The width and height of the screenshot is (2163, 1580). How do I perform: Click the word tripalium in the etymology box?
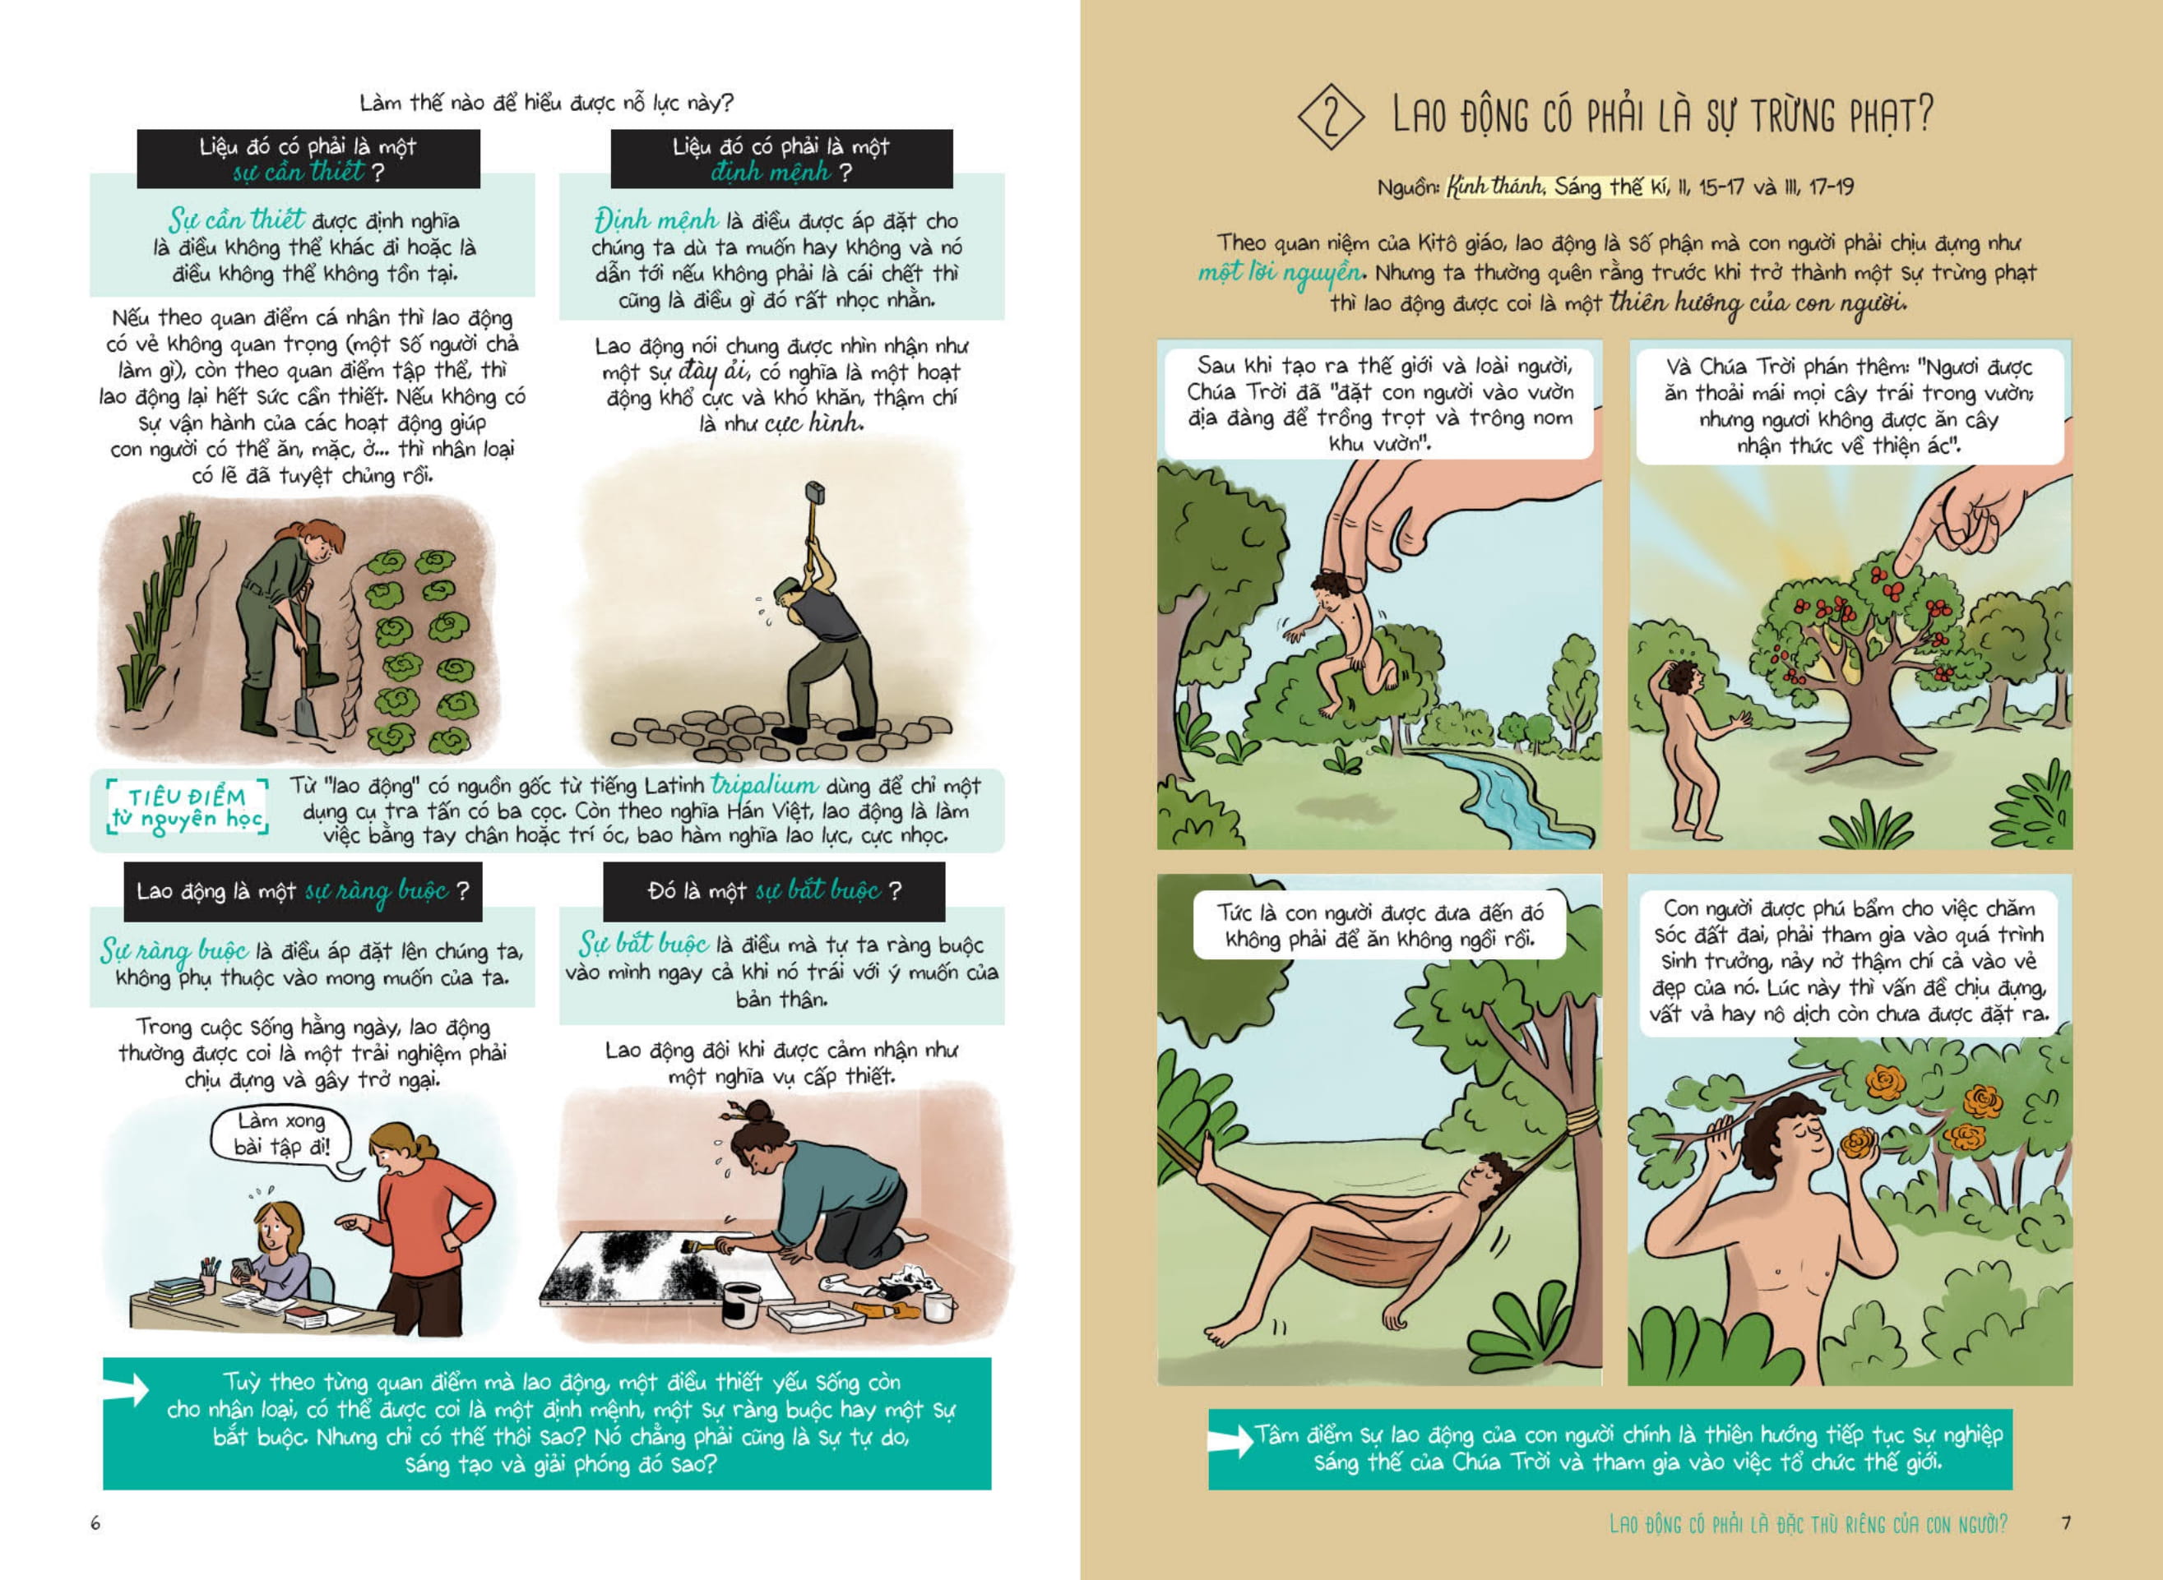(x=764, y=785)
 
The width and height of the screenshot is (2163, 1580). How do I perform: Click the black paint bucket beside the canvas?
(x=740, y=1304)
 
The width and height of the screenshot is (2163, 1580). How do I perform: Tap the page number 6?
(x=95, y=1522)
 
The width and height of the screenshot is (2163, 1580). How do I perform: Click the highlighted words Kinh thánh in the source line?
(x=1494, y=187)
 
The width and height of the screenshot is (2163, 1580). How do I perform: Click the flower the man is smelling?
(x=1859, y=1143)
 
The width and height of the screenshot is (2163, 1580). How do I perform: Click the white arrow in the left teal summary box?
(x=129, y=1389)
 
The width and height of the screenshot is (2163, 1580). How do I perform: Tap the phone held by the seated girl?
(x=244, y=1268)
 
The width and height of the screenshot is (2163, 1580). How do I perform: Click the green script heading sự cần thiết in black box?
(x=299, y=172)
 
